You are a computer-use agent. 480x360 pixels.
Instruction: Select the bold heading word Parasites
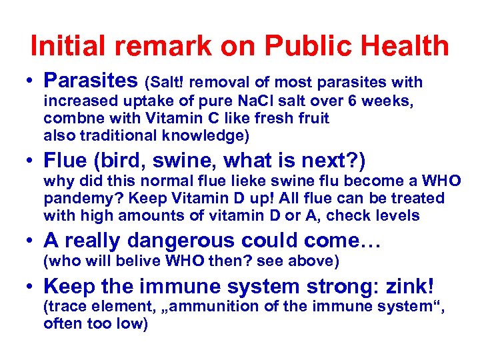point(91,81)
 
